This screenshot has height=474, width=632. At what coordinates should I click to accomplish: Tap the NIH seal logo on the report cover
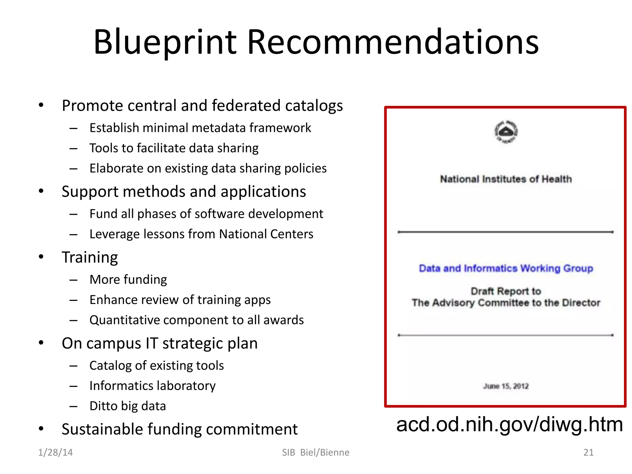point(506,132)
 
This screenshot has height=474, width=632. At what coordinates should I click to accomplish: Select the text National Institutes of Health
point(506,179)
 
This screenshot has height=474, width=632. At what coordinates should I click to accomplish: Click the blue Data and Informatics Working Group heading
point(506,268)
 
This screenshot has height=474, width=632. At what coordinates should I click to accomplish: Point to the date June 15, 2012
point(506,386)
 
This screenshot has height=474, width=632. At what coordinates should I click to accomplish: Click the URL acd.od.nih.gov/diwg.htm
point(509,424)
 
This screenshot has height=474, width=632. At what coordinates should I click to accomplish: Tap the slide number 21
point(588,452)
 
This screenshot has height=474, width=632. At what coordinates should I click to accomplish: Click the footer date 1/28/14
point(55,452)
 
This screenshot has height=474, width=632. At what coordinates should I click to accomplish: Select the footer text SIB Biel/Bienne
point(316,452)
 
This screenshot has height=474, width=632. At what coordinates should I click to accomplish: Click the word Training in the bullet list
point(90,257)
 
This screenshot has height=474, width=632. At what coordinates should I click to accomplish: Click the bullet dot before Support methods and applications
point(41,191)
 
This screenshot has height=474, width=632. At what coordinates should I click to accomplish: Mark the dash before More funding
point(73,280)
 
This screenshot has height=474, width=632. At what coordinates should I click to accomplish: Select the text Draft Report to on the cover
point(506,291)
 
